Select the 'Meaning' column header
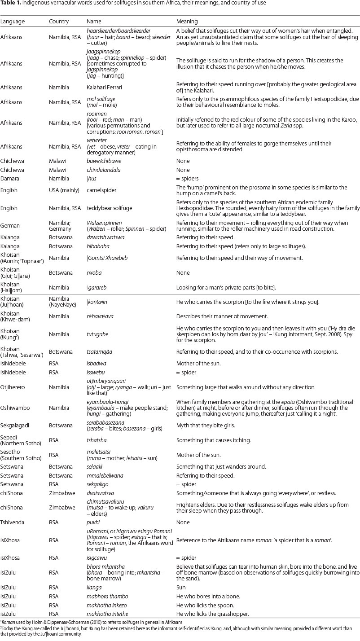click(187, 21)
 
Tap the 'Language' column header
click(13, 21)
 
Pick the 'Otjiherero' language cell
click(14, 386)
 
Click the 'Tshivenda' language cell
click(13, 522)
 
